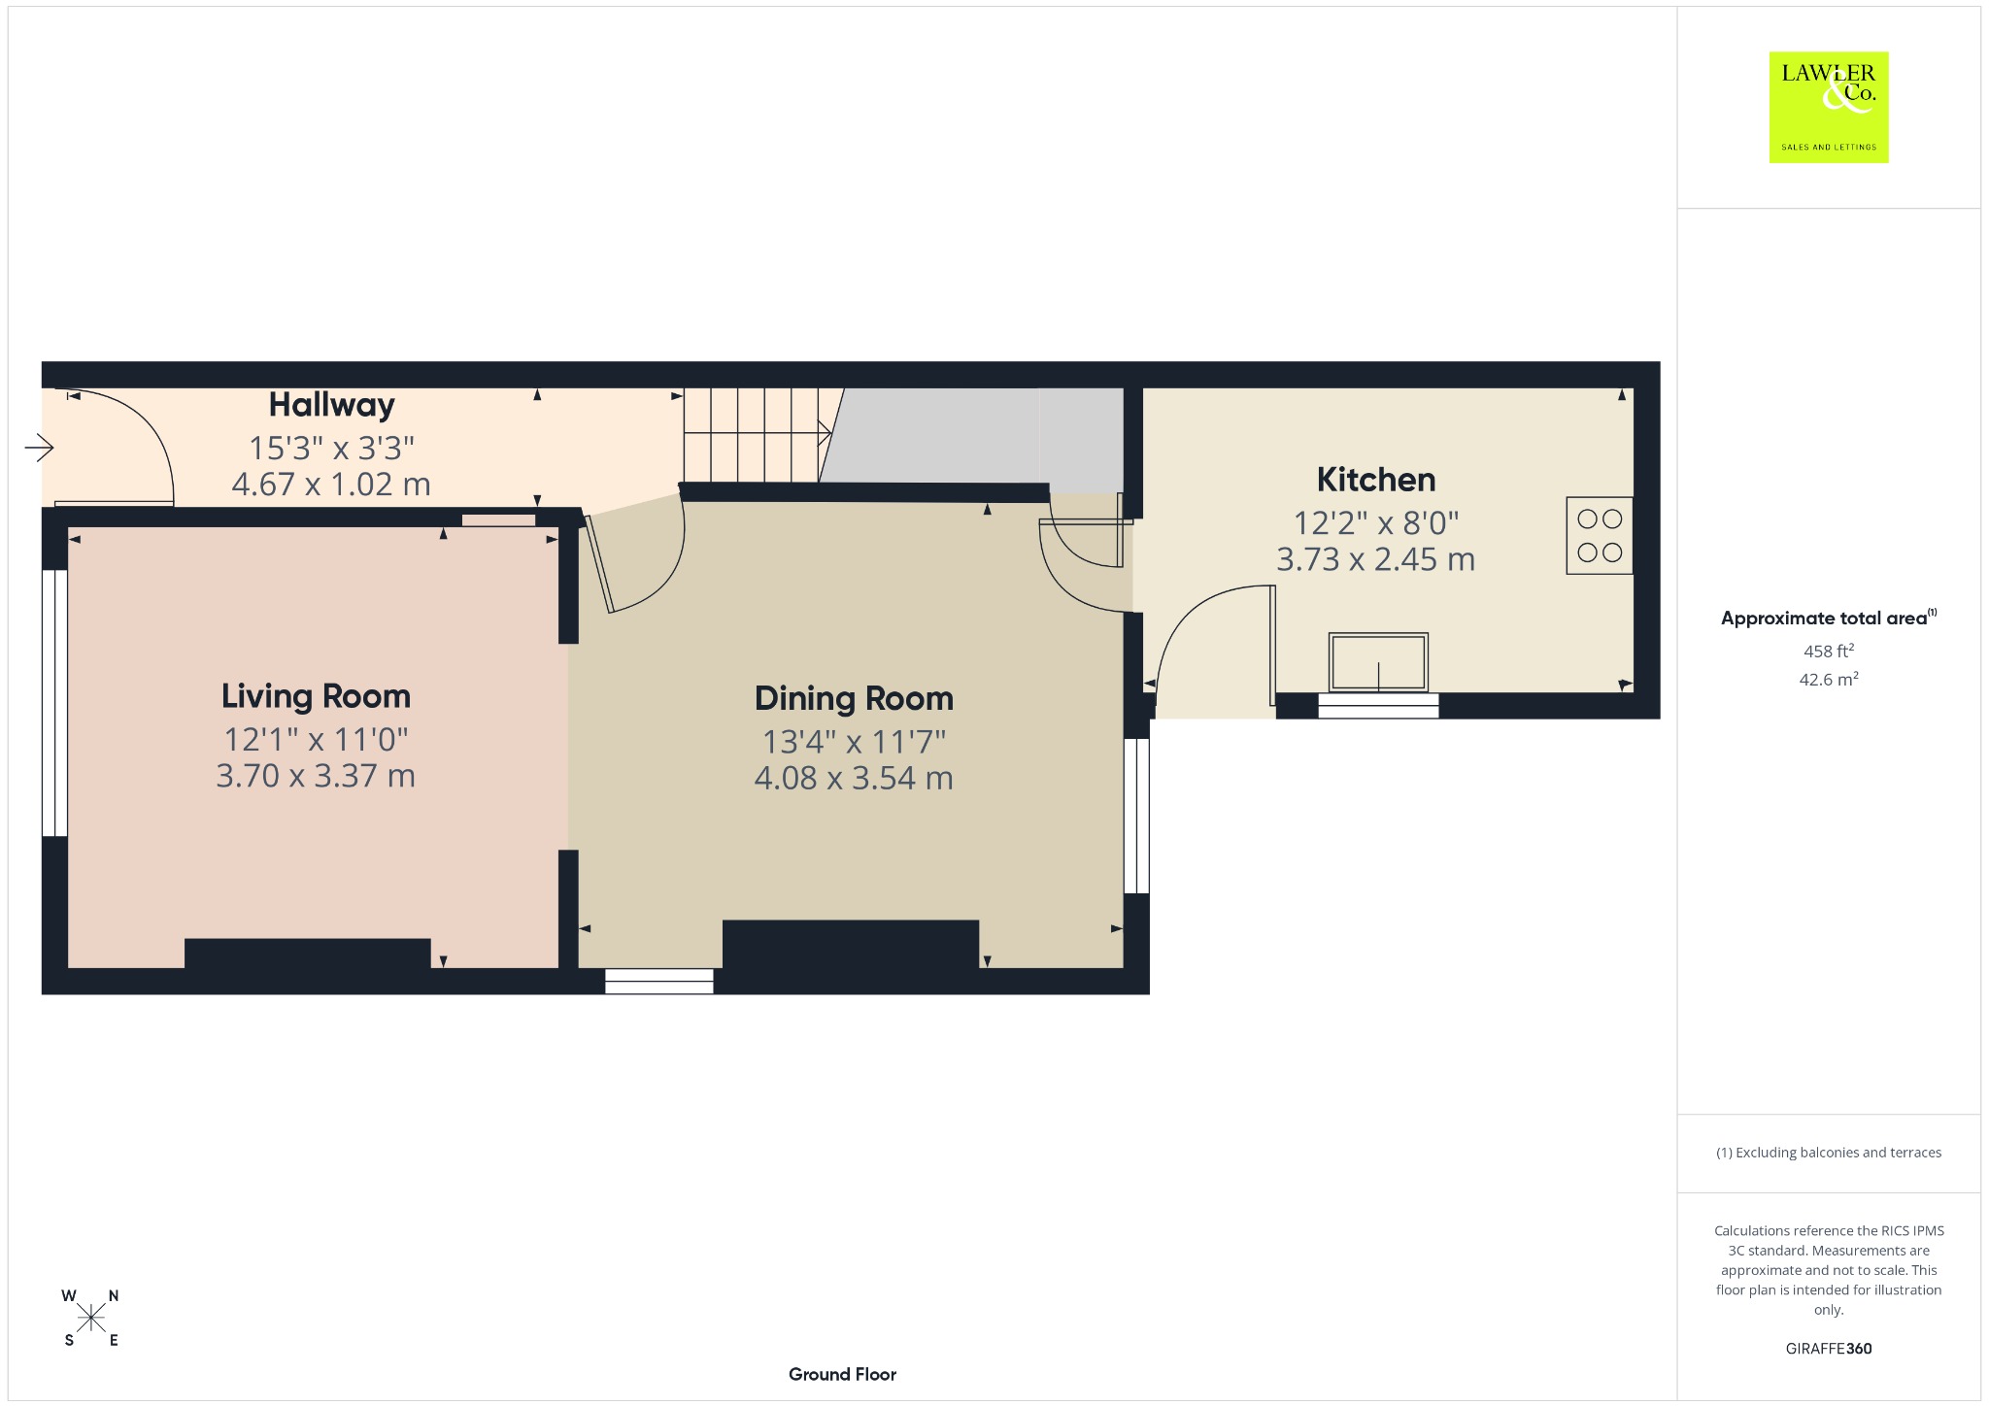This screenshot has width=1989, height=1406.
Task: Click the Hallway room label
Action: (x=331, y=405)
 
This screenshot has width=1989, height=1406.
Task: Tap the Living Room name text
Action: (x=316, y=696)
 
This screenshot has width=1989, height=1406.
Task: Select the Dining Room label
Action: (x=854, y=698)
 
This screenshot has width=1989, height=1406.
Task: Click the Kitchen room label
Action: (x=1375, y=480)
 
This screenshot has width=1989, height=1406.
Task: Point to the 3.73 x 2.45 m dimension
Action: (x=1375, y=559)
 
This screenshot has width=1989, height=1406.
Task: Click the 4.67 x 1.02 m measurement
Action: (x=331, y=485)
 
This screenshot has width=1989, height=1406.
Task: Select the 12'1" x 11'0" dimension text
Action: (x=316, y=740)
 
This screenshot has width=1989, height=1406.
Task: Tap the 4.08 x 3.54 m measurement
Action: (x=854, y=778)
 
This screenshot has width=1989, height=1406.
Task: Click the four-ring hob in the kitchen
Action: (x=1599, y=536)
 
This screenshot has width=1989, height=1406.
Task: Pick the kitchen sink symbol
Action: (x=1378, y=662)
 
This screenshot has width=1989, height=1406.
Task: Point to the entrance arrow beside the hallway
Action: (x=39, y=448)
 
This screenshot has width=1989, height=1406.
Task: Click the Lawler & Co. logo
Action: (x=1828, y=107)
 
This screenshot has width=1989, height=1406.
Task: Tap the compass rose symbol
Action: (x=91, y=1318)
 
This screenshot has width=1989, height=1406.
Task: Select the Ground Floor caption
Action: (x=842, y=1374)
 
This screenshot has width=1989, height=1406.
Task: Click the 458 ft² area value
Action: (x=1828, y=652)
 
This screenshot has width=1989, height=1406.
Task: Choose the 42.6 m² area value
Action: (x=1828, y=680)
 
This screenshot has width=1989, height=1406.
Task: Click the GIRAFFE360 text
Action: (x=1828, y=1349)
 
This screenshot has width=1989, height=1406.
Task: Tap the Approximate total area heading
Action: (x=1828, y=619)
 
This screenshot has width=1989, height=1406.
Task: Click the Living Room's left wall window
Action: (x=54, y=703)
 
